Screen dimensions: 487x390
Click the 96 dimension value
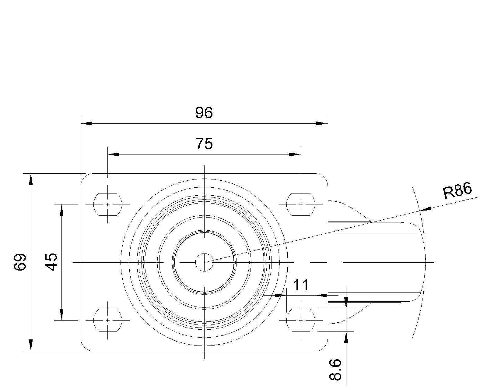(x=204, y=113)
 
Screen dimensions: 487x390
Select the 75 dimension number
(x=204, y=144)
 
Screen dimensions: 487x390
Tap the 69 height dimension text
(x=20, y=262)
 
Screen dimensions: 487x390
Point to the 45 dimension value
(x=51, y=262)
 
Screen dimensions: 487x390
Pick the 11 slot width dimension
(x=301, y=285)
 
